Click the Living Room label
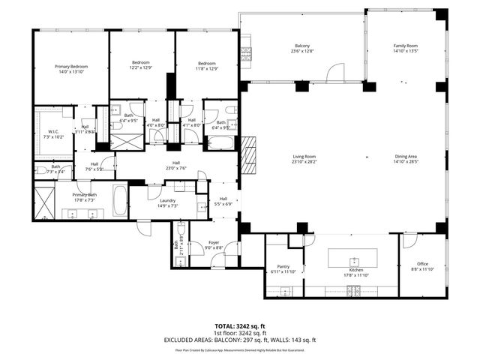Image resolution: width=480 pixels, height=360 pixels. coord(304,156)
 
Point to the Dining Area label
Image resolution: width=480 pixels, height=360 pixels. coord(406,156)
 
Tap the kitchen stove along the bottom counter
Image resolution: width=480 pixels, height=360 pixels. coord(354,291)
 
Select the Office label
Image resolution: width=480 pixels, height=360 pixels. coord(423,263)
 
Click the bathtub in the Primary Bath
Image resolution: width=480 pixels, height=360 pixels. coord(120,201)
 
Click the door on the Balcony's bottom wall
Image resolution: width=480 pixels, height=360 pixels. coord(334,73)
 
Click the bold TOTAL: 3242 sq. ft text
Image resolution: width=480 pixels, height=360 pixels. coord(239,326)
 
